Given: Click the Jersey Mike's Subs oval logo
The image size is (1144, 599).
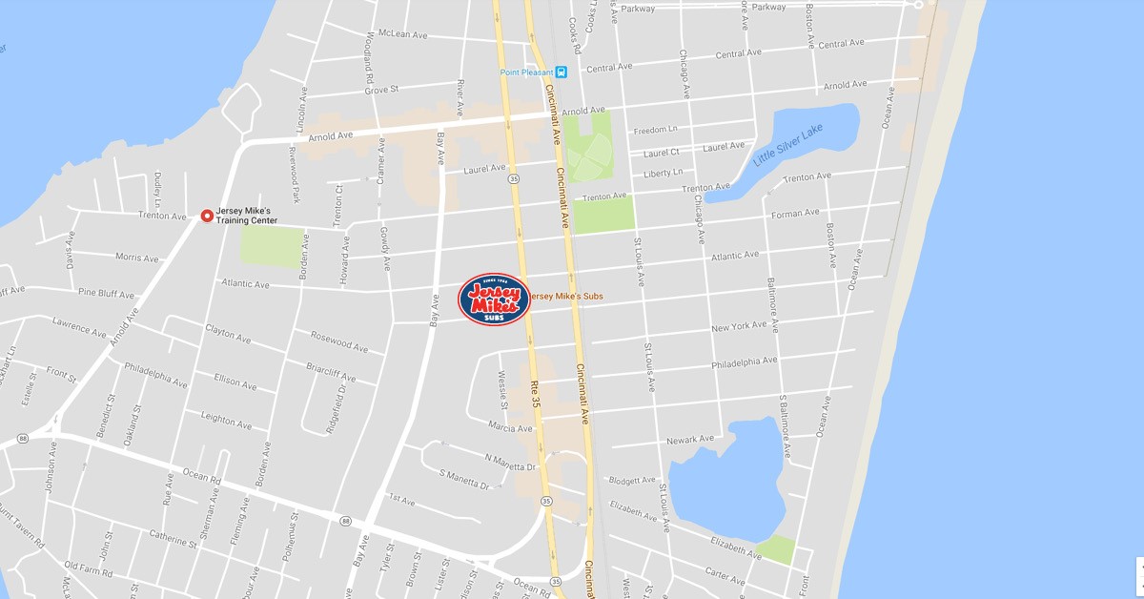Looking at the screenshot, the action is point(494,299).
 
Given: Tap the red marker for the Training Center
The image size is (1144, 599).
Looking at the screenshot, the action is point(207,217).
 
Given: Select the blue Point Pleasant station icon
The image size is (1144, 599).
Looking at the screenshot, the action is point(561,72).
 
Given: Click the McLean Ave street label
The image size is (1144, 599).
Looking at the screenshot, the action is point(402,34).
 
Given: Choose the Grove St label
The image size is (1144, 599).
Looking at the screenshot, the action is point(379,90).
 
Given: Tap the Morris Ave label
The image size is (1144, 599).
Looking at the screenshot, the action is point(136,258).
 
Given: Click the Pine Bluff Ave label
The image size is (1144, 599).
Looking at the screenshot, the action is point(106,294).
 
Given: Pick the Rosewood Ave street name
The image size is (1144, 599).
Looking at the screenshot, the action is point(338,341).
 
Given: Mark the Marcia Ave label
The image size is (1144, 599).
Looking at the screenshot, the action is point(509,427).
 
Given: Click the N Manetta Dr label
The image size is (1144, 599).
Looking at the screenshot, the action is point(511,462).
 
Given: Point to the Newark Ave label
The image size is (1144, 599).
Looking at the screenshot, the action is point(690,440).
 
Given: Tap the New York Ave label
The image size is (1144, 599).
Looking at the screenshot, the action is point(739,326).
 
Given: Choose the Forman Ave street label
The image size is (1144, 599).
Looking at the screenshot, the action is point(794,214).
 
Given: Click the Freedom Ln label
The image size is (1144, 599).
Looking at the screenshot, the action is point(655,130).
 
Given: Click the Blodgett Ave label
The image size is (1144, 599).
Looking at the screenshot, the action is point(632,480).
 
